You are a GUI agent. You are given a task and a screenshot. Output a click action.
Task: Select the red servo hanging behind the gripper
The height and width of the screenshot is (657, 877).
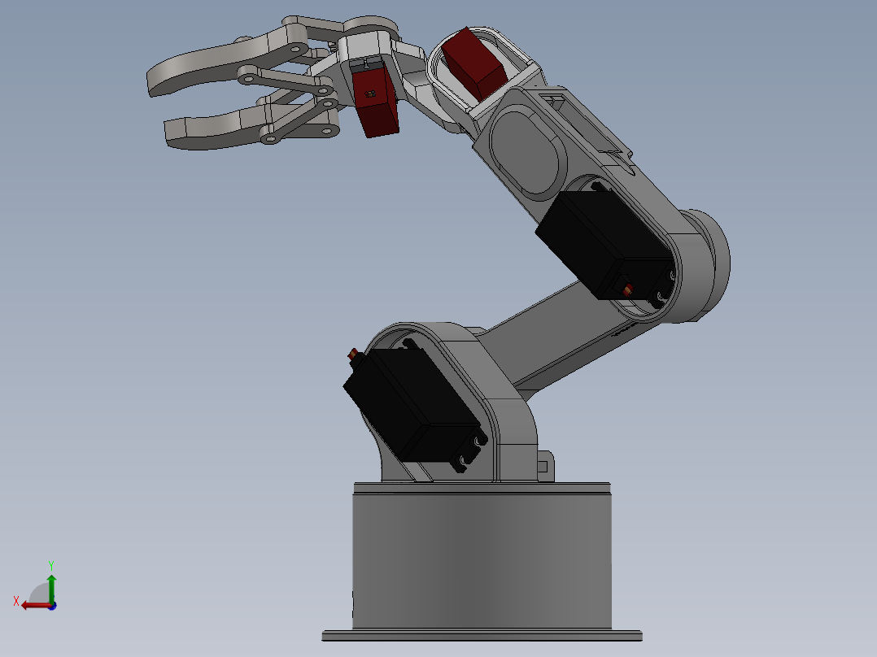376,101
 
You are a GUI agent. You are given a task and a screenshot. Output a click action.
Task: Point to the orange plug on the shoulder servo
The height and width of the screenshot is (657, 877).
353,355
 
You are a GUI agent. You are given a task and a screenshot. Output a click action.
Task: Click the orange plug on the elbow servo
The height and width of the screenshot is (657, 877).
627,289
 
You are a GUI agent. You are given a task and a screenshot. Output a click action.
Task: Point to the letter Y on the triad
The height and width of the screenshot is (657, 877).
50,563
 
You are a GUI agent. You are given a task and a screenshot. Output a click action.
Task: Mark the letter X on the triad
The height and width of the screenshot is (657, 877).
15,601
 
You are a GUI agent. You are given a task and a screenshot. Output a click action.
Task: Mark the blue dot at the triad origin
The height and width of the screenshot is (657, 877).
51,606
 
